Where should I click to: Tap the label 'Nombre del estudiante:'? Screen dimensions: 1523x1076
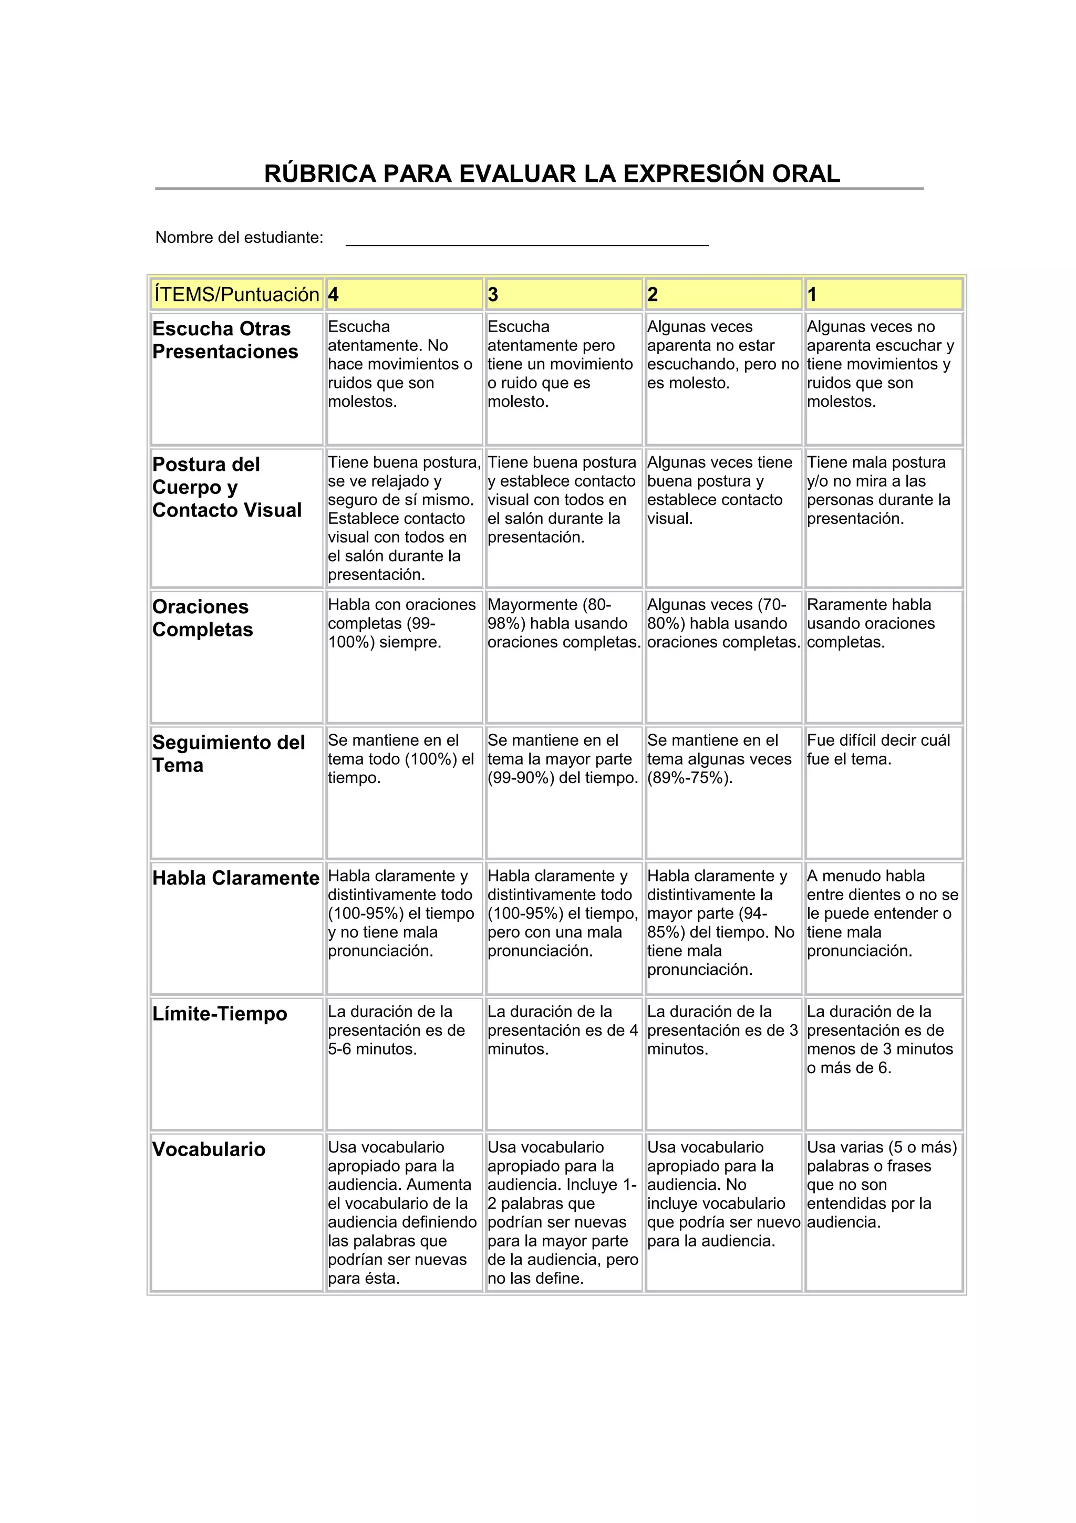[x=240, y=238]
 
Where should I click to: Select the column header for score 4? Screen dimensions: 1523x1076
[x=403, y=294]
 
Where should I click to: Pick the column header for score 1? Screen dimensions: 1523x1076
[x=883, y=294]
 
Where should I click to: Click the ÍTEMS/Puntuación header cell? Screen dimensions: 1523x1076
[x=236, y=294]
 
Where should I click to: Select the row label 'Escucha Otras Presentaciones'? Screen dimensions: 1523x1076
[x=225, y=341]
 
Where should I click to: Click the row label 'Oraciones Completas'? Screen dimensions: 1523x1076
[x=203, y=618]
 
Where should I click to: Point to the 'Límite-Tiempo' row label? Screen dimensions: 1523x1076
[x=220, y=1014]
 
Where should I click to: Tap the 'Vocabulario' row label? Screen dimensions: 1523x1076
[x=209, y=1149]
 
